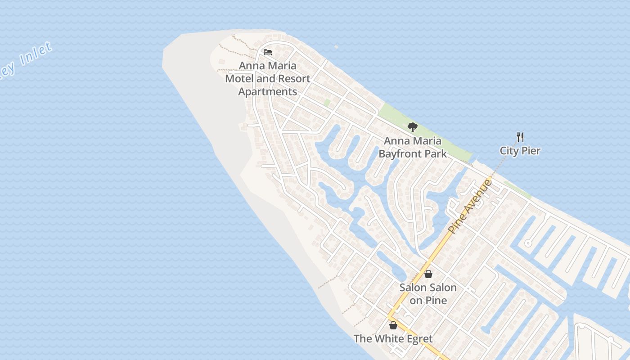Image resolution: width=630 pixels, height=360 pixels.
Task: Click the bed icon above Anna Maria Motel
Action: click(x=268, y=52)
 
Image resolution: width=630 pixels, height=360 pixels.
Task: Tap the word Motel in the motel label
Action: click(x=239, y=79)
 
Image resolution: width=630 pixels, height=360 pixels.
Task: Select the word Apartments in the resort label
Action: click(x=267, y=92)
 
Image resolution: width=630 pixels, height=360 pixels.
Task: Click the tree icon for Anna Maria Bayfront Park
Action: click(x=412, y=127)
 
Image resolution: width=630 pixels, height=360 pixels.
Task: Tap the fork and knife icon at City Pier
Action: click(x=520, y=137)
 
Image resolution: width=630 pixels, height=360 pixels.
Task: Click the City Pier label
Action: click(x=520, y=151)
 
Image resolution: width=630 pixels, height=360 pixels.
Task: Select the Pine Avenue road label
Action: click(x=470, y=207)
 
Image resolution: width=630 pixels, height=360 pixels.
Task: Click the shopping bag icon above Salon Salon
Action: click(x=428, y=274)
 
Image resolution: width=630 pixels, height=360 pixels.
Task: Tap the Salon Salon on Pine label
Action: click(x=428, y=294)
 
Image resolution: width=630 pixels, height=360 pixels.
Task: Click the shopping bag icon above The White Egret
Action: click(x=393, y=325)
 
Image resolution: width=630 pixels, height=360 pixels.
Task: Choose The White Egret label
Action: click(x=393, y=339)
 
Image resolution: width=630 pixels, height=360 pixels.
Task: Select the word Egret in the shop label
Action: click(x=419, y=339)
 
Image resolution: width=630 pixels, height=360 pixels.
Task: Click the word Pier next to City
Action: click(x=531, y=151)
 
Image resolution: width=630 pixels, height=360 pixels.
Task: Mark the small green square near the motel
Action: click(x=327, y=103)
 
